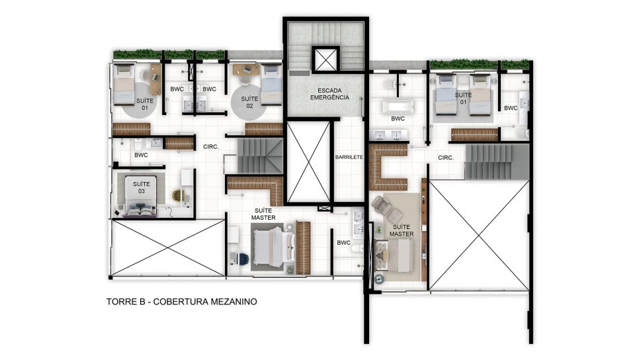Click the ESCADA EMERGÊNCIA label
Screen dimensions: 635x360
coord(329,94)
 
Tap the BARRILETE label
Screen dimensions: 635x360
coord(349,157)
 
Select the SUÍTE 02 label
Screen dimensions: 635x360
coord(249,102)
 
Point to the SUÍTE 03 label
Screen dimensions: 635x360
coord(142,187)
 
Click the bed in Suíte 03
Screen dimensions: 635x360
coord(141,196)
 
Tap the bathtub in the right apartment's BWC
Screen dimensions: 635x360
coord(398,107)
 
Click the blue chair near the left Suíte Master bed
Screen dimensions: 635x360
coord(243,258)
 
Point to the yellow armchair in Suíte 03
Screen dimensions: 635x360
coord(178,195)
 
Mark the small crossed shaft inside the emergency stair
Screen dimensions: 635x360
coord(325,60)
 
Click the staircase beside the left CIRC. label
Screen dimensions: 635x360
coord(259,156)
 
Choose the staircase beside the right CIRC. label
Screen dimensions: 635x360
coord(497,162)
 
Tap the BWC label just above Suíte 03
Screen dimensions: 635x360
coord(141,155)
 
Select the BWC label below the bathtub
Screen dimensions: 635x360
coord(398,118)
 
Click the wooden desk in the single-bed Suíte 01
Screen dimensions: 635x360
coord(156,79)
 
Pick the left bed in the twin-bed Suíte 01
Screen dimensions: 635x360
coord(444,95)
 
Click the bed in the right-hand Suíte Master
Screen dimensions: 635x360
coord(395,255)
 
